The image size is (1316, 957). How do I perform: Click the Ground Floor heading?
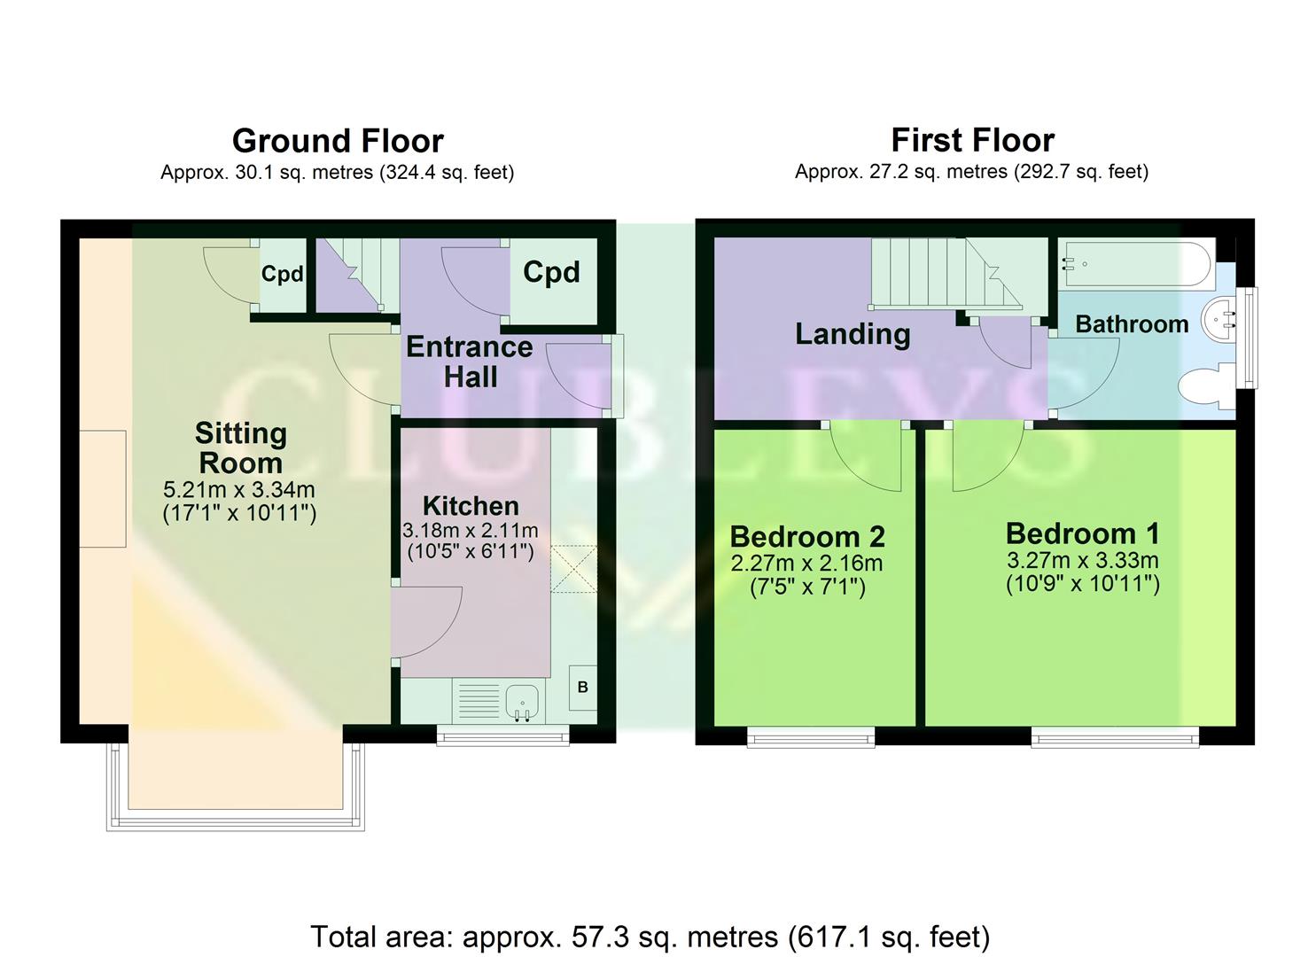tap(338, 141)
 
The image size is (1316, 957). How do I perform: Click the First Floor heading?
tap(972, 140)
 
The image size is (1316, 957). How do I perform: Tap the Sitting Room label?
tap(240, 447)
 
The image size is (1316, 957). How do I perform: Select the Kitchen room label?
tap(471, 506)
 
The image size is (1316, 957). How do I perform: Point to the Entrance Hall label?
tap(470, 362)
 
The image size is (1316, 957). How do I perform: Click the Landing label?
tap(853, 334)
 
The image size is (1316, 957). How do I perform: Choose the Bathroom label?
tap(1132, 324)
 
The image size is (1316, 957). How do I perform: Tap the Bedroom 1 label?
tap(1082, 533)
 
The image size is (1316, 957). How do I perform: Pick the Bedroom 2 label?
tap(807, 536)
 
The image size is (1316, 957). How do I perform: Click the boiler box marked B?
tap(582, 688)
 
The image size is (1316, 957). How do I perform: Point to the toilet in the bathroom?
tap(1203, 387)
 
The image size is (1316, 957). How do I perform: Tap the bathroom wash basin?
tap(1221, 319)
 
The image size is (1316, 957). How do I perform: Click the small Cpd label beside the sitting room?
tap(282, 275)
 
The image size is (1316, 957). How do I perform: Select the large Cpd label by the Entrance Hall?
tap(551, 272)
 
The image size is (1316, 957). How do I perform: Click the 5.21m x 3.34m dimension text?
tap(239, 489)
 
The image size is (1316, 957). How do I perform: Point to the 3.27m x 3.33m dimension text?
tap(1082, 561)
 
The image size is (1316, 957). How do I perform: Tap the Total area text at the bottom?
tap(650, 937)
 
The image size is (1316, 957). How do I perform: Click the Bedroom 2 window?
tap(811, 736)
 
